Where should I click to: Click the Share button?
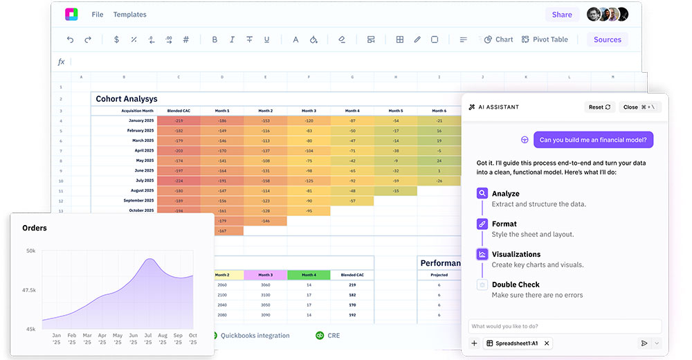pyautogui.click(x=562, y=15)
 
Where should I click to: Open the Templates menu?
pyautogui.click(x=130, y=15)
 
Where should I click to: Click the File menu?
pyautogui.click(x=98, y=15)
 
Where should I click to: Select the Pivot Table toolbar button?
pyautogui.click(x=545, y=39)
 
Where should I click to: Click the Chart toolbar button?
pyautogui.click(x=499, y=39)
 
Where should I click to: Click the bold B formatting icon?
pyautogui.click(x=215, y=39)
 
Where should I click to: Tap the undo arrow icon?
pyautogui.click(x=70, y=39)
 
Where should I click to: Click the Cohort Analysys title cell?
pyautogui.click(x=127, y=99)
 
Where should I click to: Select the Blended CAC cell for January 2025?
pyautogui.click(x=179, y=120)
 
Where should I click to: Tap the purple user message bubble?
pyautogui.click(x=594, y=140)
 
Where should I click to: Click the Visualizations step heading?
pyautogui.click(x=516, y=254)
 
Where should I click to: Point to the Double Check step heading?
pyautogui.click(x=516, y=285)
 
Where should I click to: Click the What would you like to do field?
pyautogui.click(x=565, y=326)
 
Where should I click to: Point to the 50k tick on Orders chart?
pyautogui.click(x=31, y=251)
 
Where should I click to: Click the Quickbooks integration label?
pyautogui.click(x=255, y=336)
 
